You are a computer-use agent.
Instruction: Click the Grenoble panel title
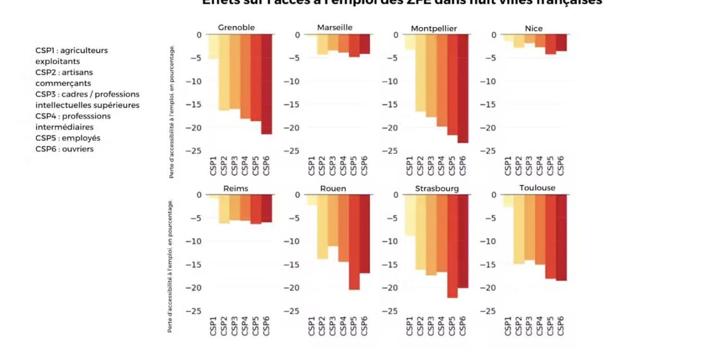(236, 27)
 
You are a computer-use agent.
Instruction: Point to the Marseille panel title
(335, 27)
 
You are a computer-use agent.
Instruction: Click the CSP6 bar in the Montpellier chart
(463, 88)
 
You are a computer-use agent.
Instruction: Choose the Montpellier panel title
(433, 28)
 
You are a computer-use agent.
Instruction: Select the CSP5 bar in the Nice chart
(551, 44)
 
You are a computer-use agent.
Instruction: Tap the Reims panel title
(236, 188)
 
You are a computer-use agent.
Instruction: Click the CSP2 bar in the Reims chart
(224, 208)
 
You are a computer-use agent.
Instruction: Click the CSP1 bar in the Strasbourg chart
(410, 215)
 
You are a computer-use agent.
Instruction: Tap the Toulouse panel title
(537, 188)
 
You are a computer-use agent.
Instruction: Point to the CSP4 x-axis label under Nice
(540, 165)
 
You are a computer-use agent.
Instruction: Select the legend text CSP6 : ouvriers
(64, 149)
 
